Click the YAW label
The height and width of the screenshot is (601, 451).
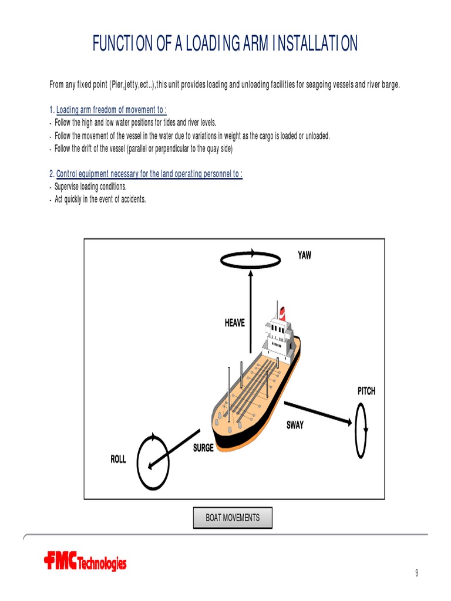click(x=304, y=255)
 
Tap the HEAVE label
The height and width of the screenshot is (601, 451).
click(x=235, y=323)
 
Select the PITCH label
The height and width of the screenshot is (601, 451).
click(x=366, y=391)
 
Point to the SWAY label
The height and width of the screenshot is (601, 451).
click(x=295, y=426)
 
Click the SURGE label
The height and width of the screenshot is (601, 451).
click(x=203, y=448)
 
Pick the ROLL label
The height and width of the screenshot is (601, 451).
click(x=118, y=459)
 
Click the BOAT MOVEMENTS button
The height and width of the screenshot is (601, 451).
click(x=233, y=518)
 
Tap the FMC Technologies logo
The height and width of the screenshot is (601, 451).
click(x=85, y=563)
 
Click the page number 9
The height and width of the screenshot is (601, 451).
click(x=417, y=573)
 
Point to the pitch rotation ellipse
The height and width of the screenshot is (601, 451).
click(x=361, y=431)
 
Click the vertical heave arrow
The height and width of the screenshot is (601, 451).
click(x=251, y=311)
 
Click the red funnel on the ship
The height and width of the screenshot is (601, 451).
click(x=282, y=311)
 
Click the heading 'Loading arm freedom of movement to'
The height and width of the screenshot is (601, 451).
click(x=111, y=110)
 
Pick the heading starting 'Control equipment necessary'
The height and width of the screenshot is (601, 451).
click(x=149, y=174)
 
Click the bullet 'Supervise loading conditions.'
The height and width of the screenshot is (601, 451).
click(x=90, y=187)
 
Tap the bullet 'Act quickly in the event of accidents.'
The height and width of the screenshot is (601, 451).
click(x=100, y=200)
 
